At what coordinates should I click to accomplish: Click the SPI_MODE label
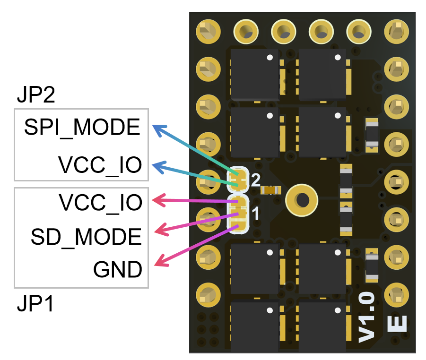(x=82, y=128)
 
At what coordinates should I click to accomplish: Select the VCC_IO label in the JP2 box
(x=100, y=165)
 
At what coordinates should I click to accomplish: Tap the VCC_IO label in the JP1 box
(x=100, y=202)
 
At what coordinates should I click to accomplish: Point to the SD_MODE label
(x=86, y=236)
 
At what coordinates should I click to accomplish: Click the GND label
(x=117, y=270)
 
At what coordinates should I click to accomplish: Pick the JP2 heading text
(x=36, y=95)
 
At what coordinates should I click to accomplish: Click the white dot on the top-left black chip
(x=270, y=58)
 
